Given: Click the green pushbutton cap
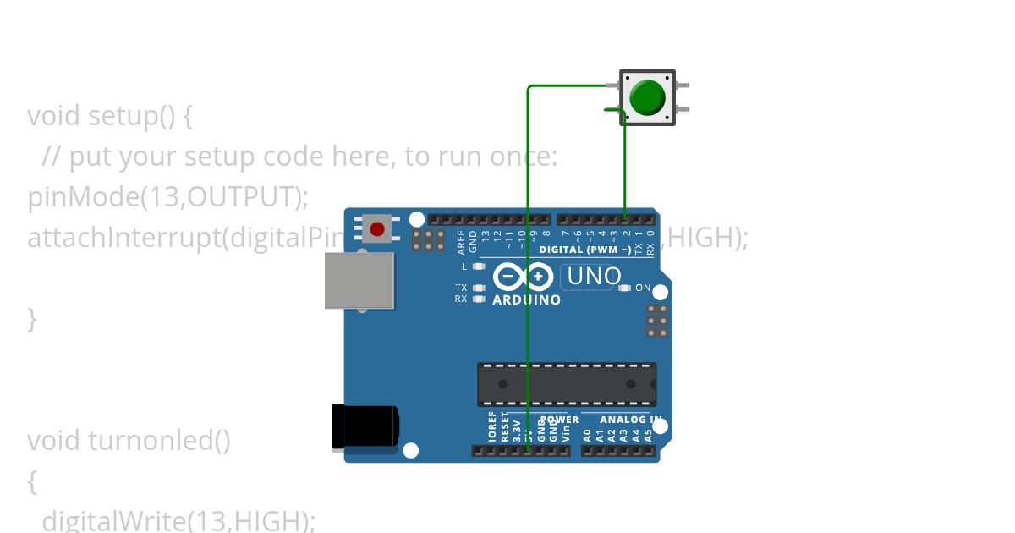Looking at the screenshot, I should tap(648, 97).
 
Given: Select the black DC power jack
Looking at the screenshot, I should tap(365, 426).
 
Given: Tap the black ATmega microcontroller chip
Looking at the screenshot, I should tap(567, 384).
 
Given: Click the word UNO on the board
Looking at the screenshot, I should tap(594, 277).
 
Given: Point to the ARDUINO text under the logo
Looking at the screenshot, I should tap(526, 300).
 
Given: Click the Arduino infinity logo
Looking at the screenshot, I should tap(523, 277).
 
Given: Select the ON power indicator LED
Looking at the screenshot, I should tap(625, 288).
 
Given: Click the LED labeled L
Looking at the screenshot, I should tap(479, 266).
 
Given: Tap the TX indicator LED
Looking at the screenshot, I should tap(479, 288).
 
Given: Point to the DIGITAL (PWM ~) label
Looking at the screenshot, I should tap(584, 250).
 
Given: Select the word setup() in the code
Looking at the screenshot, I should tap(131, 115).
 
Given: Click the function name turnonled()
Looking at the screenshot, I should tap(159, 441).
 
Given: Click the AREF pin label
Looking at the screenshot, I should tap(461, 243).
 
